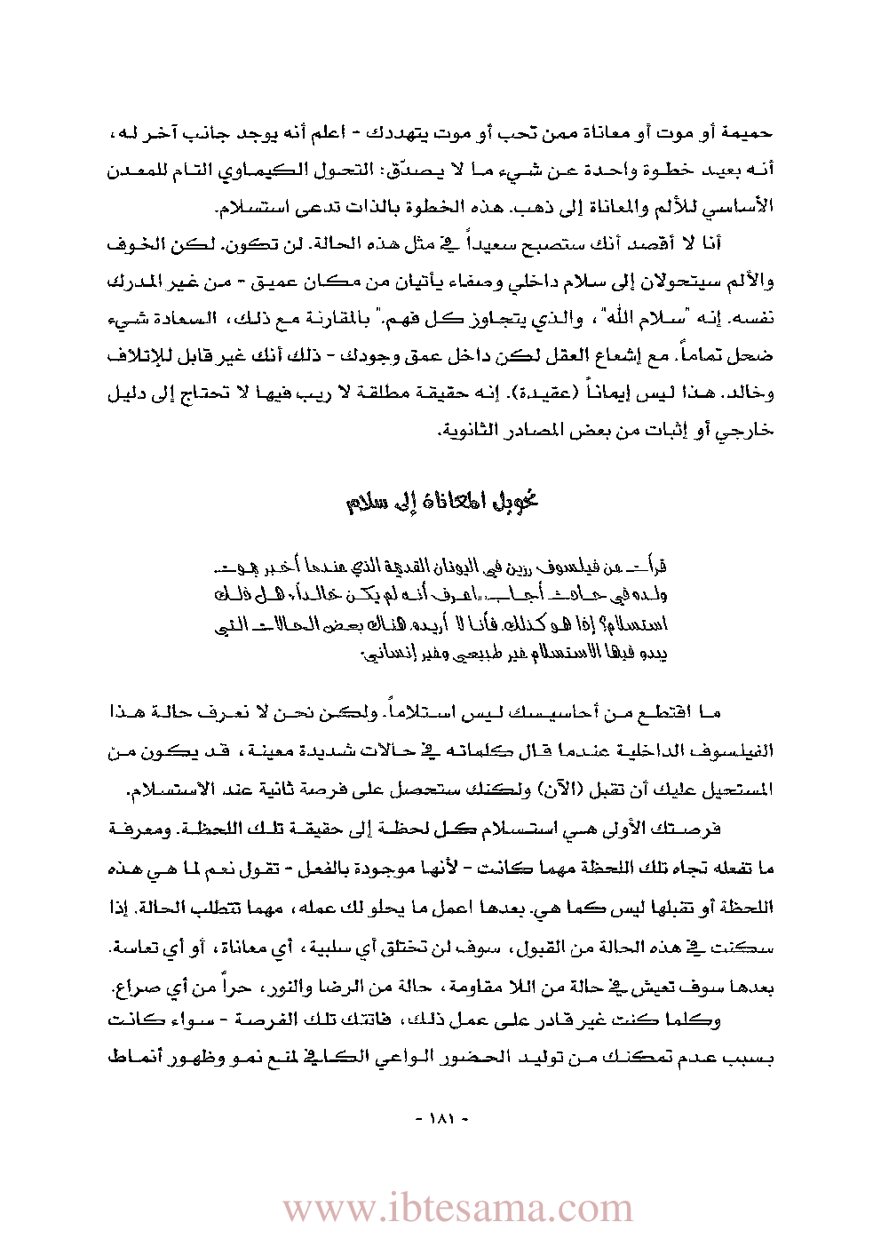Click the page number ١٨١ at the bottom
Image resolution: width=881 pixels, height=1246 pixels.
pyautogui.click(x=440, y=1119)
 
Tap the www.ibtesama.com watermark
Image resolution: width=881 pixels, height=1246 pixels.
pyautogui.click(x=457, y=1209)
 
